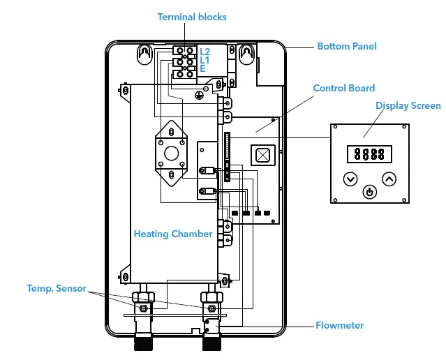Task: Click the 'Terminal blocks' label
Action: (192, 17)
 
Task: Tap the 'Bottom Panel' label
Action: (346, 46)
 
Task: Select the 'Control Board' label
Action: (343, 88)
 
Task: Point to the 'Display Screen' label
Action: (408, 105)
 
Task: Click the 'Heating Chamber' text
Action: (173, 234)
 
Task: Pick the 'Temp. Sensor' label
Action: (56, 287)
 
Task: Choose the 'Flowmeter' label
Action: (339, 325)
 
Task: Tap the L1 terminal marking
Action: (205, 61)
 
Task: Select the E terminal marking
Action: (202, 69)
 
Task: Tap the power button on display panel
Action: (369, 191)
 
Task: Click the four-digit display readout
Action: (369, 154)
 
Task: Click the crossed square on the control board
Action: (263, 156)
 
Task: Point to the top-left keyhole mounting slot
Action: (144, 54)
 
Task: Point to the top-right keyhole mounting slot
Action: (246, 54)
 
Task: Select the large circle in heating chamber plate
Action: (171, 153)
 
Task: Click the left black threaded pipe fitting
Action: (144, 343)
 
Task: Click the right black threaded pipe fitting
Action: (211, 343)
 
